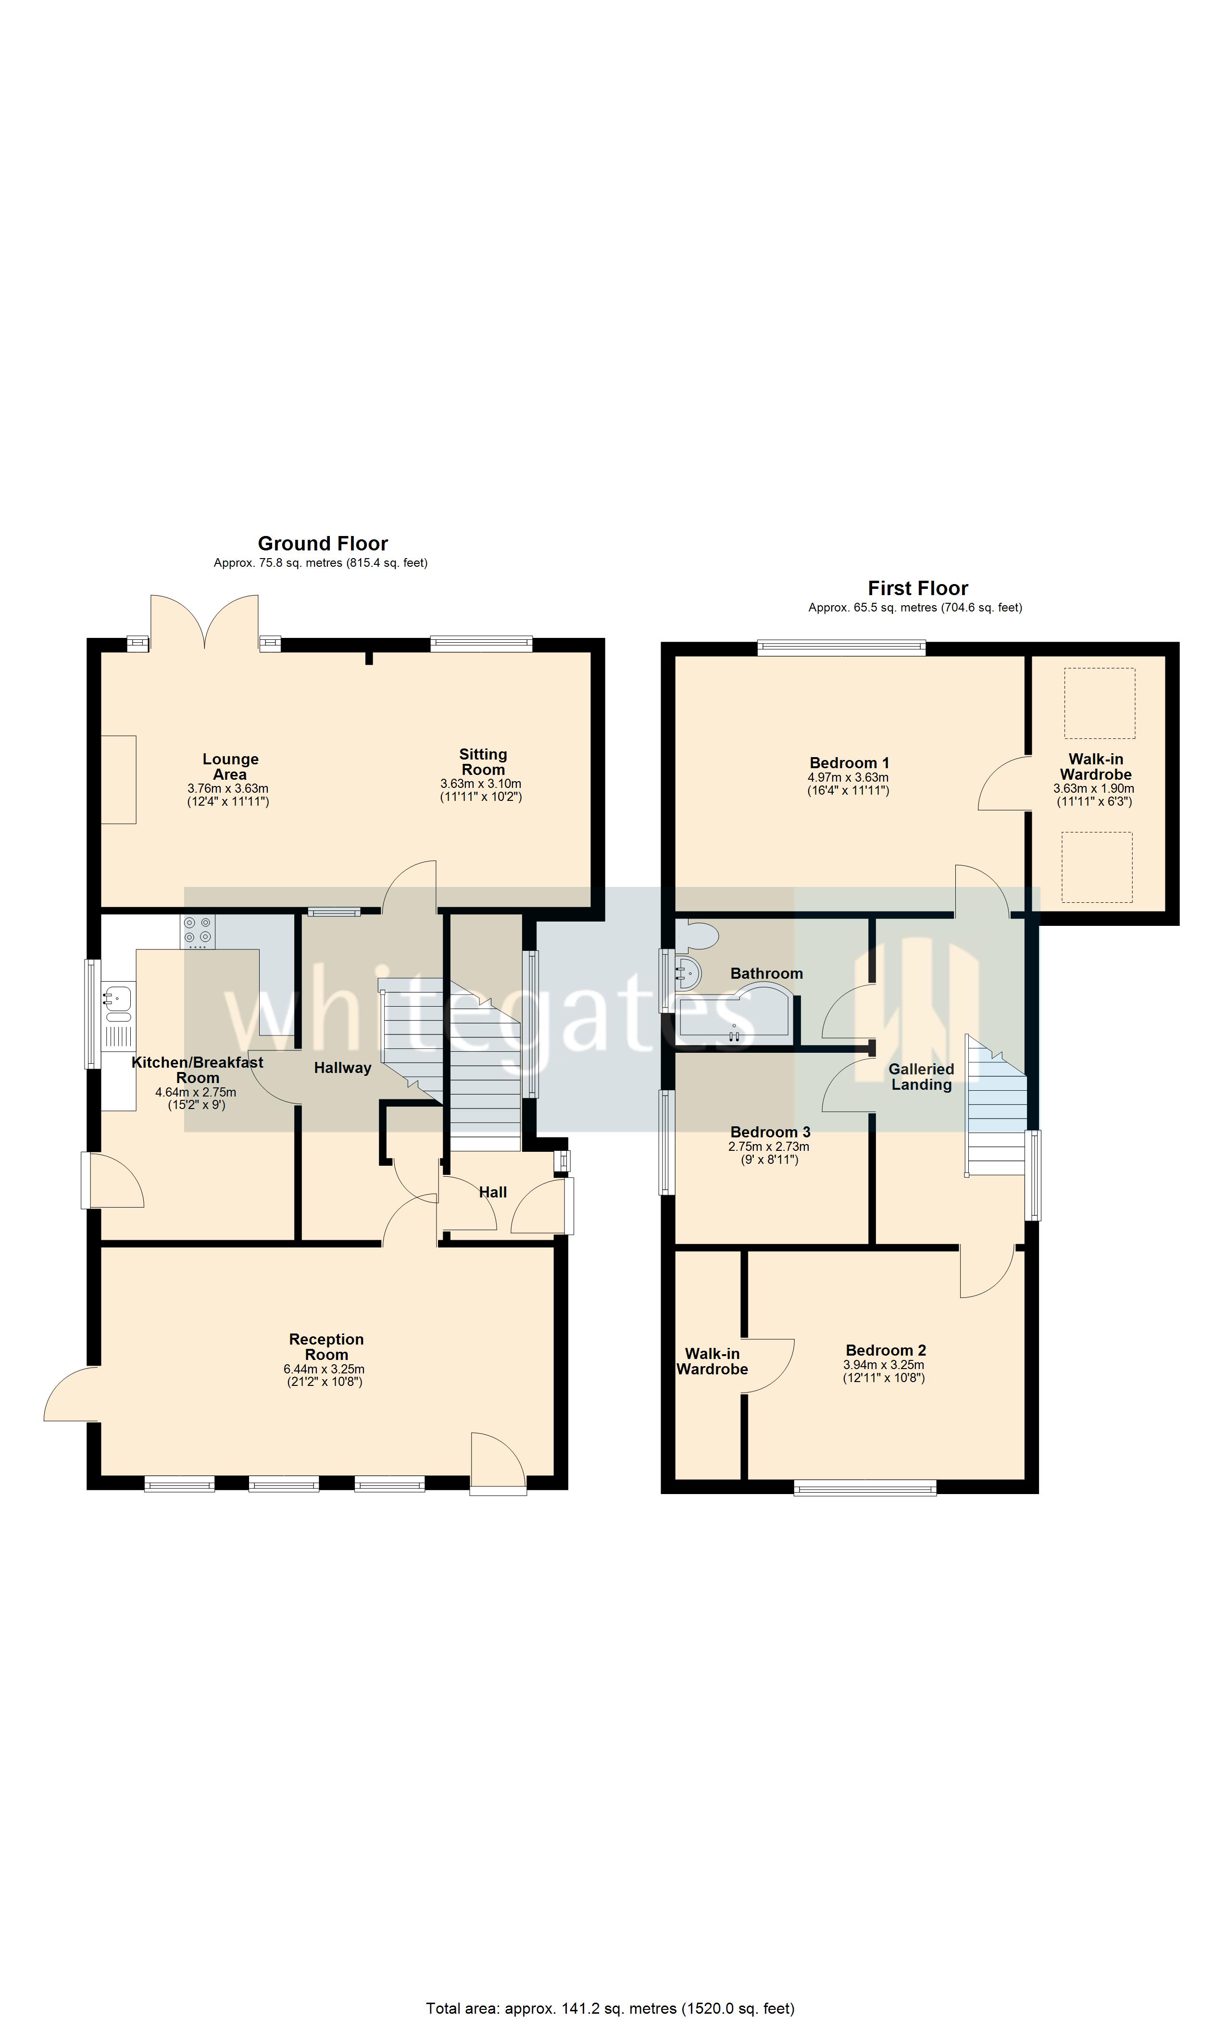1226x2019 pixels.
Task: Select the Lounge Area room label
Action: tap(230, 766)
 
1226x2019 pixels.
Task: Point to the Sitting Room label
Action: tap(483, 761)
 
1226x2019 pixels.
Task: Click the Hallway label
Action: tap(342, 1068)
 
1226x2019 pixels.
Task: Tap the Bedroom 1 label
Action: tap(849, 763)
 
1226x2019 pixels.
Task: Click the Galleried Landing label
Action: tap(921, 1077)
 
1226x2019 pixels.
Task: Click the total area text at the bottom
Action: tap(610, 2002)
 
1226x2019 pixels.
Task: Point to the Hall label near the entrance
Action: tap(492, 1192)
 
